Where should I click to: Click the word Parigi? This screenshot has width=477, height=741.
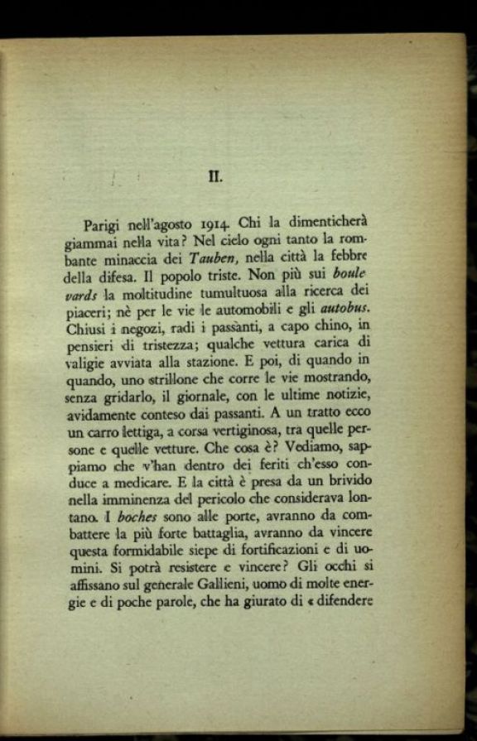click(x=103, y=225)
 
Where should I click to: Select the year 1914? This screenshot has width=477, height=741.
click(x=214, y=224)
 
